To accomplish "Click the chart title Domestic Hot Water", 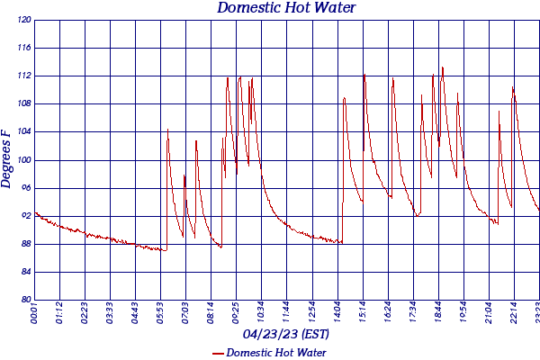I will coord(287,8).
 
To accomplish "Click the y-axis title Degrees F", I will coord(7,158).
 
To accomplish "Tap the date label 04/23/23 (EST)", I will coord(286,334).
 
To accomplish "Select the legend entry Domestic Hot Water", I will coord(275,352).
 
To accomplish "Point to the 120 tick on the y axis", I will coord(24,20).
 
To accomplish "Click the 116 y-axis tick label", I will coord(24,48).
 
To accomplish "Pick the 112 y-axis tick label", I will coord(24,76).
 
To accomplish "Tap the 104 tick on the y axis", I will coord(24,131).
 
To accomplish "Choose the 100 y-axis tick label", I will coord(24,160).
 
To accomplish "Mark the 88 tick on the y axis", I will coord(24,244).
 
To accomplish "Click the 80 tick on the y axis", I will coord(24,300).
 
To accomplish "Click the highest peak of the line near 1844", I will coord(442,67).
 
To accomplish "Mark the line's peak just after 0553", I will coord(167,129).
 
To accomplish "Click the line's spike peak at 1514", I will coord(364,75).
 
